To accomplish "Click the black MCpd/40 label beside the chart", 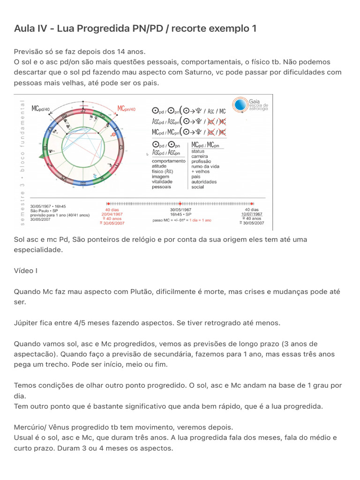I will [41, 109].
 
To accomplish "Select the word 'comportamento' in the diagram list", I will [168, 161].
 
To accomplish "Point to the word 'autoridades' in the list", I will [204, 181].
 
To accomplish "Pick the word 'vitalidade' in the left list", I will [162, 181].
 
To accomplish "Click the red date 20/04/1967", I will [112, 214].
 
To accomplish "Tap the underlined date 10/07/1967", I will [252, 214].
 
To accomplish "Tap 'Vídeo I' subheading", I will [25, 270].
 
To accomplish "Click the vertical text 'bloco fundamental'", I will [22, 136].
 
